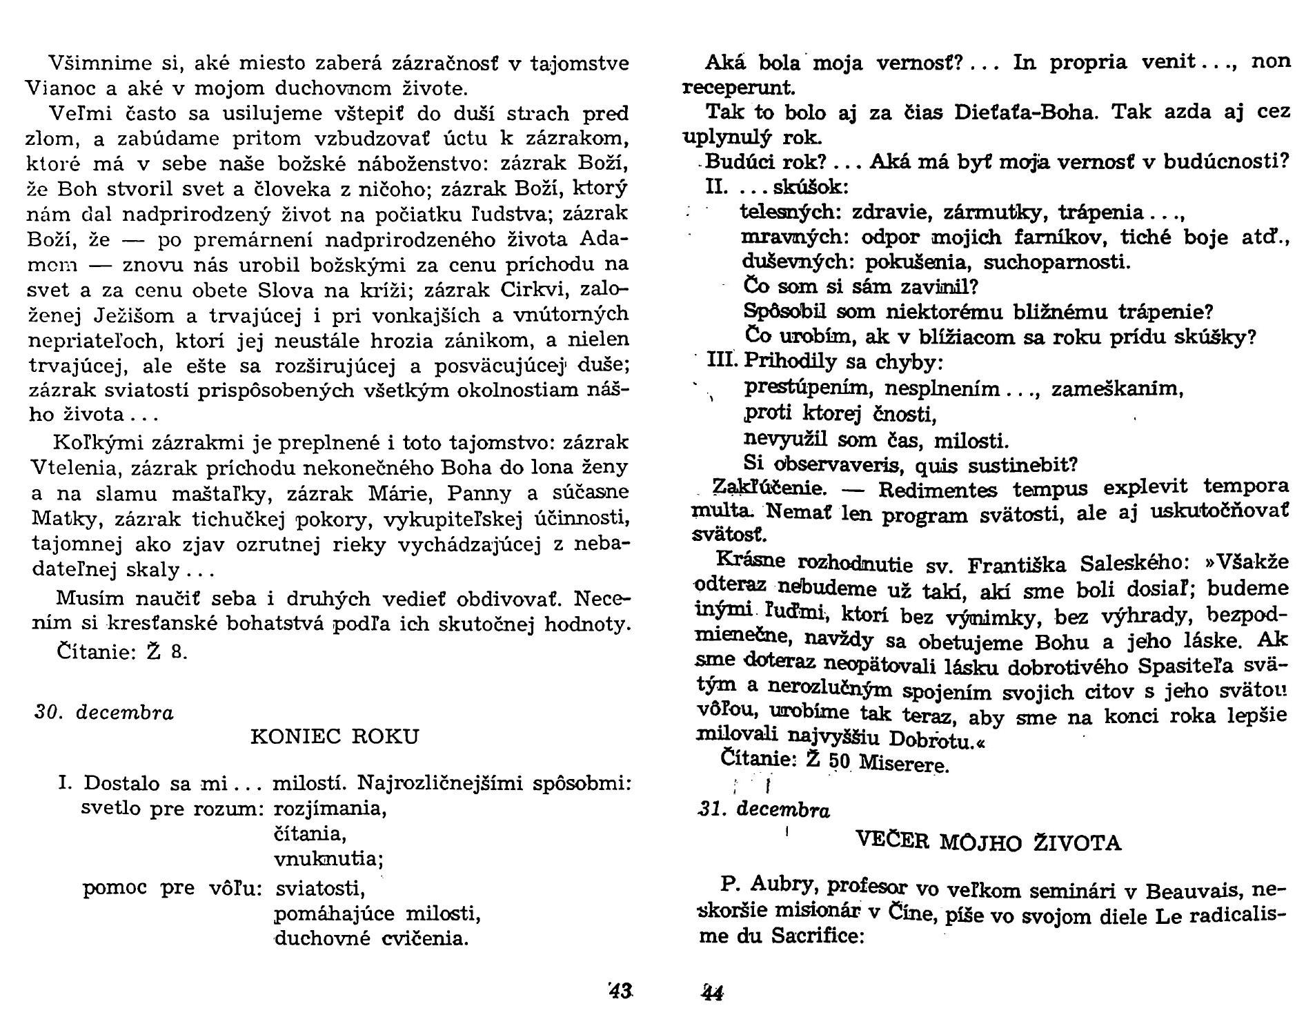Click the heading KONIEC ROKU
tap(334, 736)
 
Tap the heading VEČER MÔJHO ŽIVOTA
tap(988, 842)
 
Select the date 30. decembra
tap(104, 712)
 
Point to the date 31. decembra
tap(764, 809)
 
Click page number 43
tap(620, 991)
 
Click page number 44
tap(711, 993)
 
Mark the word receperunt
tap(738, 88)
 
